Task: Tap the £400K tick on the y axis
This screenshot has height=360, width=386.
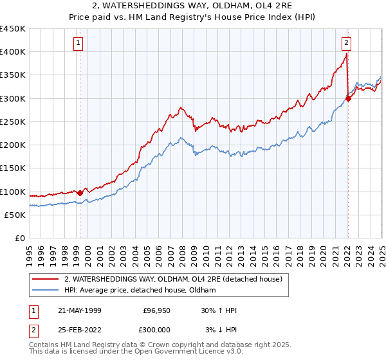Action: pyautogui.click(x=13, y=52)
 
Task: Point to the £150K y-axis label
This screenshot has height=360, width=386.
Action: pyautogui.click(x=13, y=168)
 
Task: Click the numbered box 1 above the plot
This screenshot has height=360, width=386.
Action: pyautogui.click(x=78, y=43)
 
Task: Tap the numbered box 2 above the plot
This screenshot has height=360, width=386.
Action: pyautogui.click(x=346, y=43)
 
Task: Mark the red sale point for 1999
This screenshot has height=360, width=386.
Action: pyautogui.click(x=80, y=193)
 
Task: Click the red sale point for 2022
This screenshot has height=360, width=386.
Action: pyautogui.click(x=347, y=99)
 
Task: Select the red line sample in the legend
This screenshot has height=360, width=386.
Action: pyautogui.click(x=46, y=279)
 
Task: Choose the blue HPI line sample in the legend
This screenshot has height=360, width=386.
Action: pyautogui.click(x=46, y=291)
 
